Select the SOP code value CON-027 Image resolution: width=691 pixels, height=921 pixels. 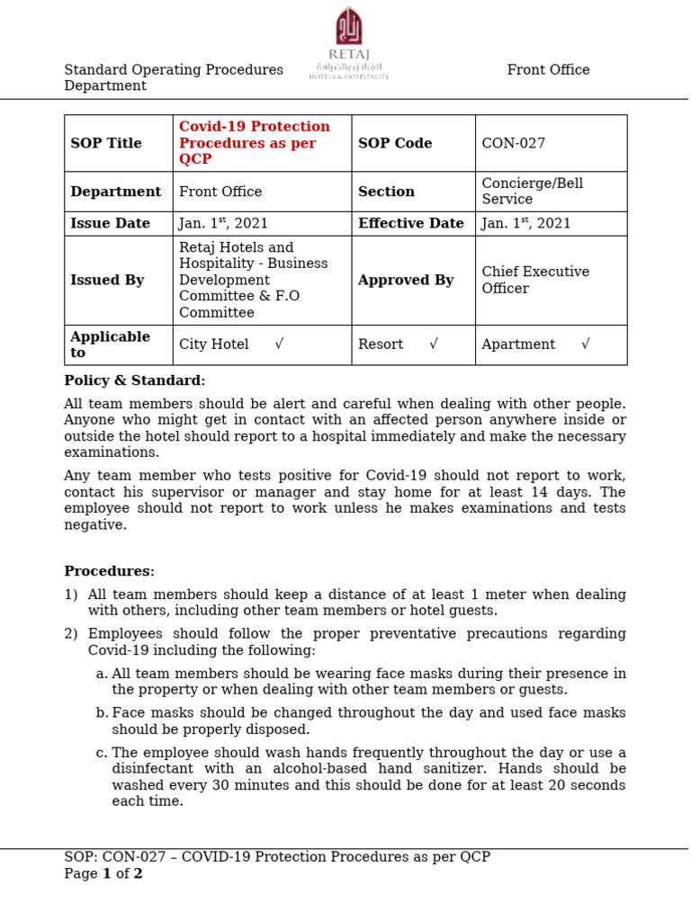[513, 143]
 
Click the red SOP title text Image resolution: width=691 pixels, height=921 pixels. [255, 143]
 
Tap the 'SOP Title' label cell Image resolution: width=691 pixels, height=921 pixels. [106, 143]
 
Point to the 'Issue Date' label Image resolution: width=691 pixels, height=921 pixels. [110, 223]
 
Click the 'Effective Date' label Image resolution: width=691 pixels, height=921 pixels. [410, 223]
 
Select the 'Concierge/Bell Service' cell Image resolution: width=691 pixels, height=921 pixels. [532, 192]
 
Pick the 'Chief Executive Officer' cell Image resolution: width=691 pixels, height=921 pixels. [535, 280]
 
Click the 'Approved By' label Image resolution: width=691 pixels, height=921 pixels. [405, 280]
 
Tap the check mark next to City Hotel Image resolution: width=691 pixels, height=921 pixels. [279, 344]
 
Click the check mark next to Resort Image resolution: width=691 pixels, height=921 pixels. [434, 344]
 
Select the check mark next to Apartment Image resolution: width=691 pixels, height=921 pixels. [586, 344]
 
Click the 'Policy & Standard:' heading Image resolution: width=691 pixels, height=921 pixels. [134, 380]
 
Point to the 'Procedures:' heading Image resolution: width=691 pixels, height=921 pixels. [109, 571]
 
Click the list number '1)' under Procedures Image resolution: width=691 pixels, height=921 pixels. [71, 595]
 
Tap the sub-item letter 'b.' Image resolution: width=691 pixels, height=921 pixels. [102, 713]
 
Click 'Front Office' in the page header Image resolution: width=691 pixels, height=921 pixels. [548, 70]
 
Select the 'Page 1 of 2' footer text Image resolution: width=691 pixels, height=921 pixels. [103, 873]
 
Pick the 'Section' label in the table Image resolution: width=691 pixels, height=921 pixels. [386, 192]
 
